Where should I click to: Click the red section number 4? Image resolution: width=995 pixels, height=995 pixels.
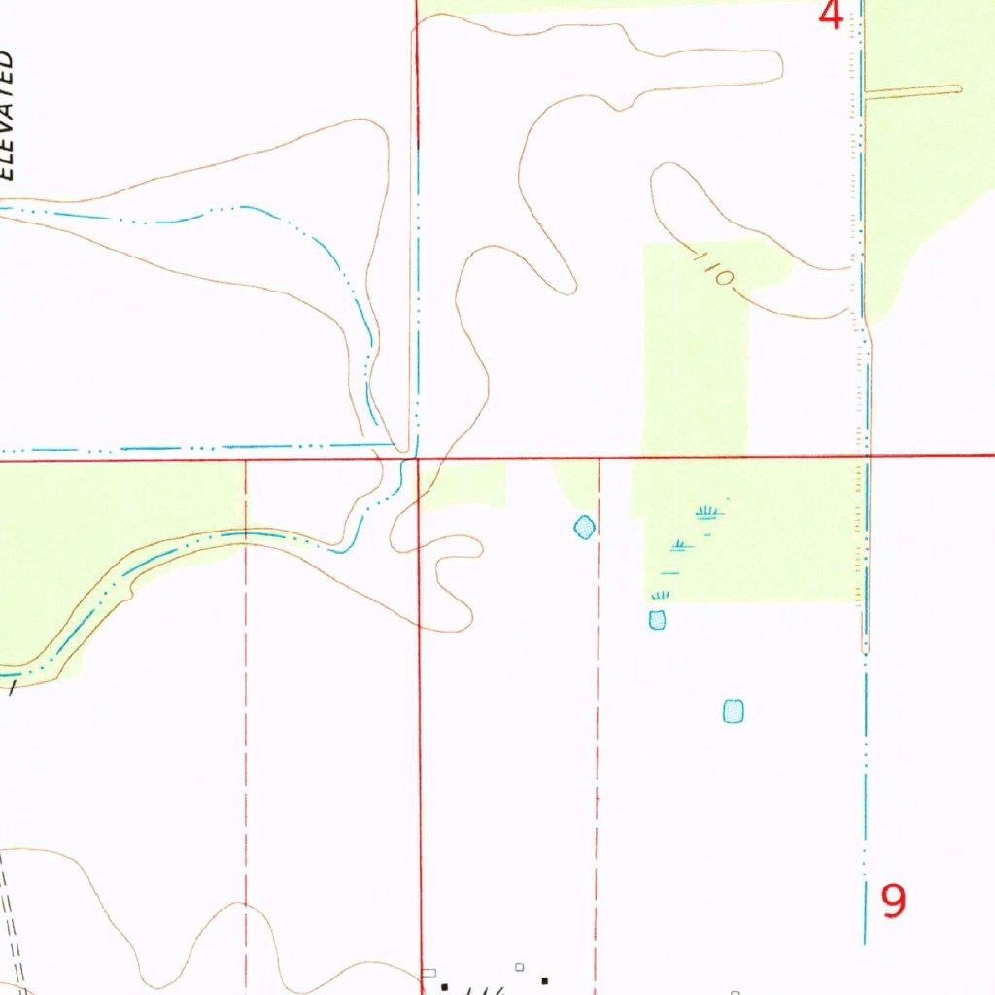click(x=831, y=15)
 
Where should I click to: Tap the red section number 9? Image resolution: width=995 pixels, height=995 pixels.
click(x=893, y=902)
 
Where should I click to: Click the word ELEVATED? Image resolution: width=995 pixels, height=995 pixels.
click(x=8, y=115)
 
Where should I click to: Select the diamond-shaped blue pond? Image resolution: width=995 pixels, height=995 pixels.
click(x=584, y=528)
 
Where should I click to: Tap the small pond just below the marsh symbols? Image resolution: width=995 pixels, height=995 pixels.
click(x=658, y=619)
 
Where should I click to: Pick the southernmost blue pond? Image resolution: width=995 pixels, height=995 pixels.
click(x=734, y=711)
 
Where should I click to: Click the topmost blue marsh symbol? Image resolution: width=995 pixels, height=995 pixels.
click(x=709, y=511)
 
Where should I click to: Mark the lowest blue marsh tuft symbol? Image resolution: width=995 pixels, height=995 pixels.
click(x=661, y=594)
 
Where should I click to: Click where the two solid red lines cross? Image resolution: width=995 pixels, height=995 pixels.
click(x=418, y=458)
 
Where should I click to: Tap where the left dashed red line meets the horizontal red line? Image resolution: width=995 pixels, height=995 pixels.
click(x=246, y=460)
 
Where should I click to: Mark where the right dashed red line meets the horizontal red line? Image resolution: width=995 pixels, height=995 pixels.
click(x=599, y=457)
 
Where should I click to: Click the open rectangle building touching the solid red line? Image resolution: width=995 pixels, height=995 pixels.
click(x=429, y=973)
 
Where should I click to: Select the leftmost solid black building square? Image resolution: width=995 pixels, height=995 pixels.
click(x=446, y=987)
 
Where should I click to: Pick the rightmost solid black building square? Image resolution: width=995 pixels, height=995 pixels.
click(x=544, y=981)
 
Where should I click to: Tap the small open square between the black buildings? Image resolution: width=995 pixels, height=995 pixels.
click(x=520, y=967)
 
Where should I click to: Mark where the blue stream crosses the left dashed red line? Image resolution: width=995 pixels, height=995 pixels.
click(x=246, y=532)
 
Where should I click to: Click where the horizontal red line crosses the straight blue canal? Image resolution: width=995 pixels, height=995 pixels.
click(x=865, y=455)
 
